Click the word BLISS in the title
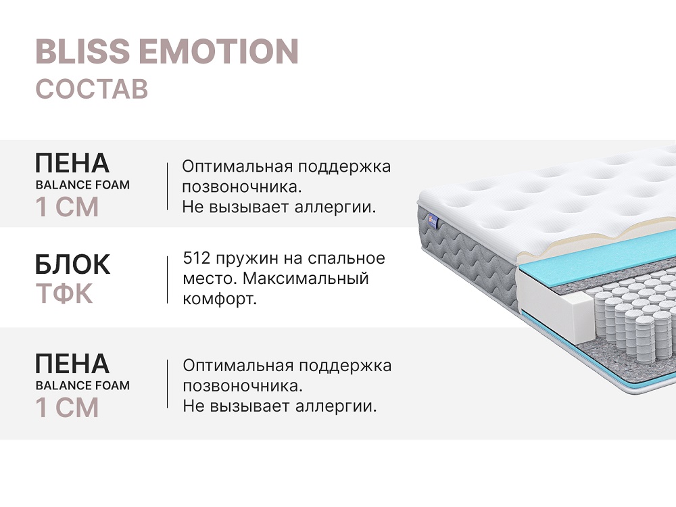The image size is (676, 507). click(x=82, y=51)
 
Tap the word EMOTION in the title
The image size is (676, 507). click(x=218, y=51)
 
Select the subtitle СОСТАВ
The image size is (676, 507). click(x=92, y=89)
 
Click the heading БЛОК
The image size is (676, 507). click(x=72, y=264)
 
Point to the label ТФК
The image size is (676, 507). click(x=64, y=293)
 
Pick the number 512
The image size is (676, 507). click(x=197, y=258)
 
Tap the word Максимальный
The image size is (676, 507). click(x=306, y=279)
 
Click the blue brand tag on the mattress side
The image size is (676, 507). click(x=433, y=222)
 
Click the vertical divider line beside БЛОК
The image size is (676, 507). click(x=167, y=280)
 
